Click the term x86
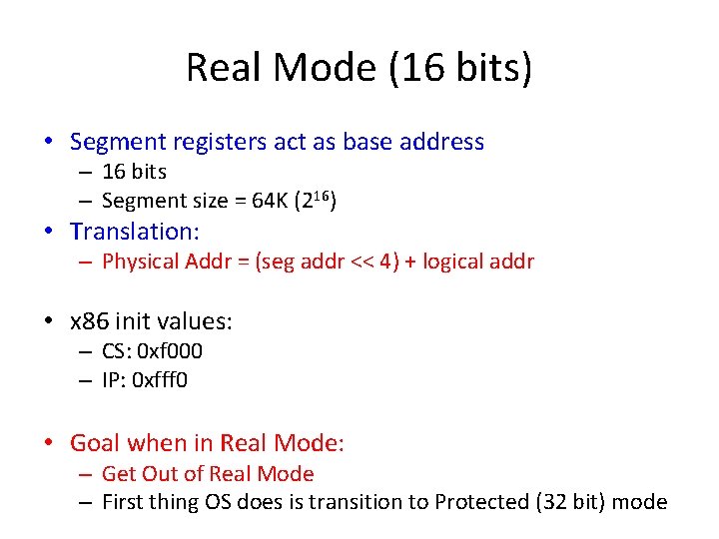click(x=90, y=321)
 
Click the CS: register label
click(x=119, y=350)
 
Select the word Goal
click(x=94, y=442)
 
